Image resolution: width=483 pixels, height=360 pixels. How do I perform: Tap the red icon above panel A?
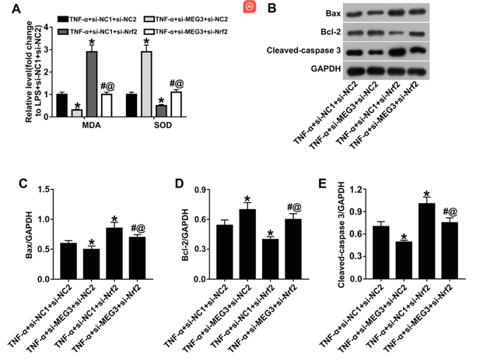(249, 8)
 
